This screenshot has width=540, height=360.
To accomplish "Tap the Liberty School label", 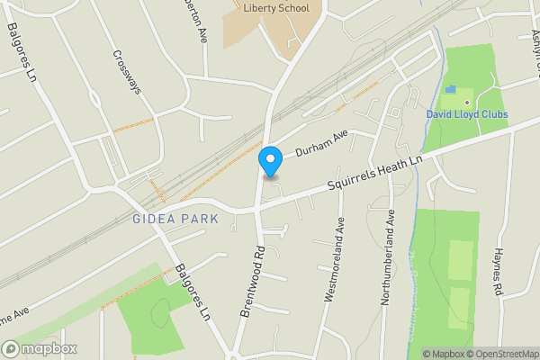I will [x=276, y=9].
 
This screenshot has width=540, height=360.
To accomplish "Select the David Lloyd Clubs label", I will [x=467, y=114].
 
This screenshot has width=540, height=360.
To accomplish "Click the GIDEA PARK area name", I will [x=175, y=219].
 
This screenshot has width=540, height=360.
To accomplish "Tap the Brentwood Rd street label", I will [x=251, y=280].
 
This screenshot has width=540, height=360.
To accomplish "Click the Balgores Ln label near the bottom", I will [x=193, y=293].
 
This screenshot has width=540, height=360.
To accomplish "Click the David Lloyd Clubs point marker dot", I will [x=467, y=103].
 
